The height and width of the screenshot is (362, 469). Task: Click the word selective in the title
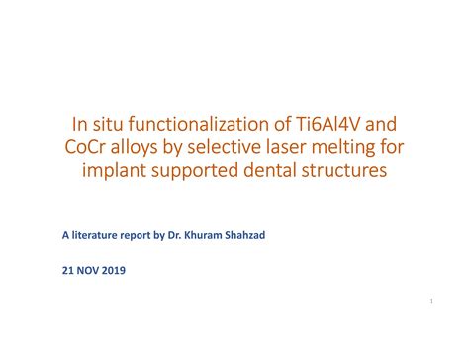click(240, 147)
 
